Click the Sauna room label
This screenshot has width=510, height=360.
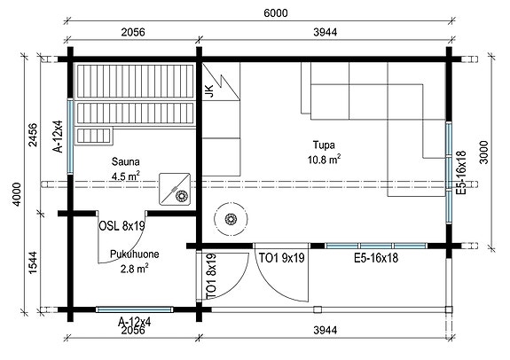click(x=126, y=162)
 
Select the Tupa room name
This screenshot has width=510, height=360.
click(x=325, y=145)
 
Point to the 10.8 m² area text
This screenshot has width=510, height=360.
click(x=325, y=160)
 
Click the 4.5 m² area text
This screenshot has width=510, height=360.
click(x=126, y=176)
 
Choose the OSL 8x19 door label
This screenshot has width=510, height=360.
click(x=122, y=227)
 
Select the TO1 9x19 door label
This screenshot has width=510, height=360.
click(x=281, y=258)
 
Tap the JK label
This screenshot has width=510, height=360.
click(x=208, y=92)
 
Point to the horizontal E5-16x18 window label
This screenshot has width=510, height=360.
click(x=374, y=258)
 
